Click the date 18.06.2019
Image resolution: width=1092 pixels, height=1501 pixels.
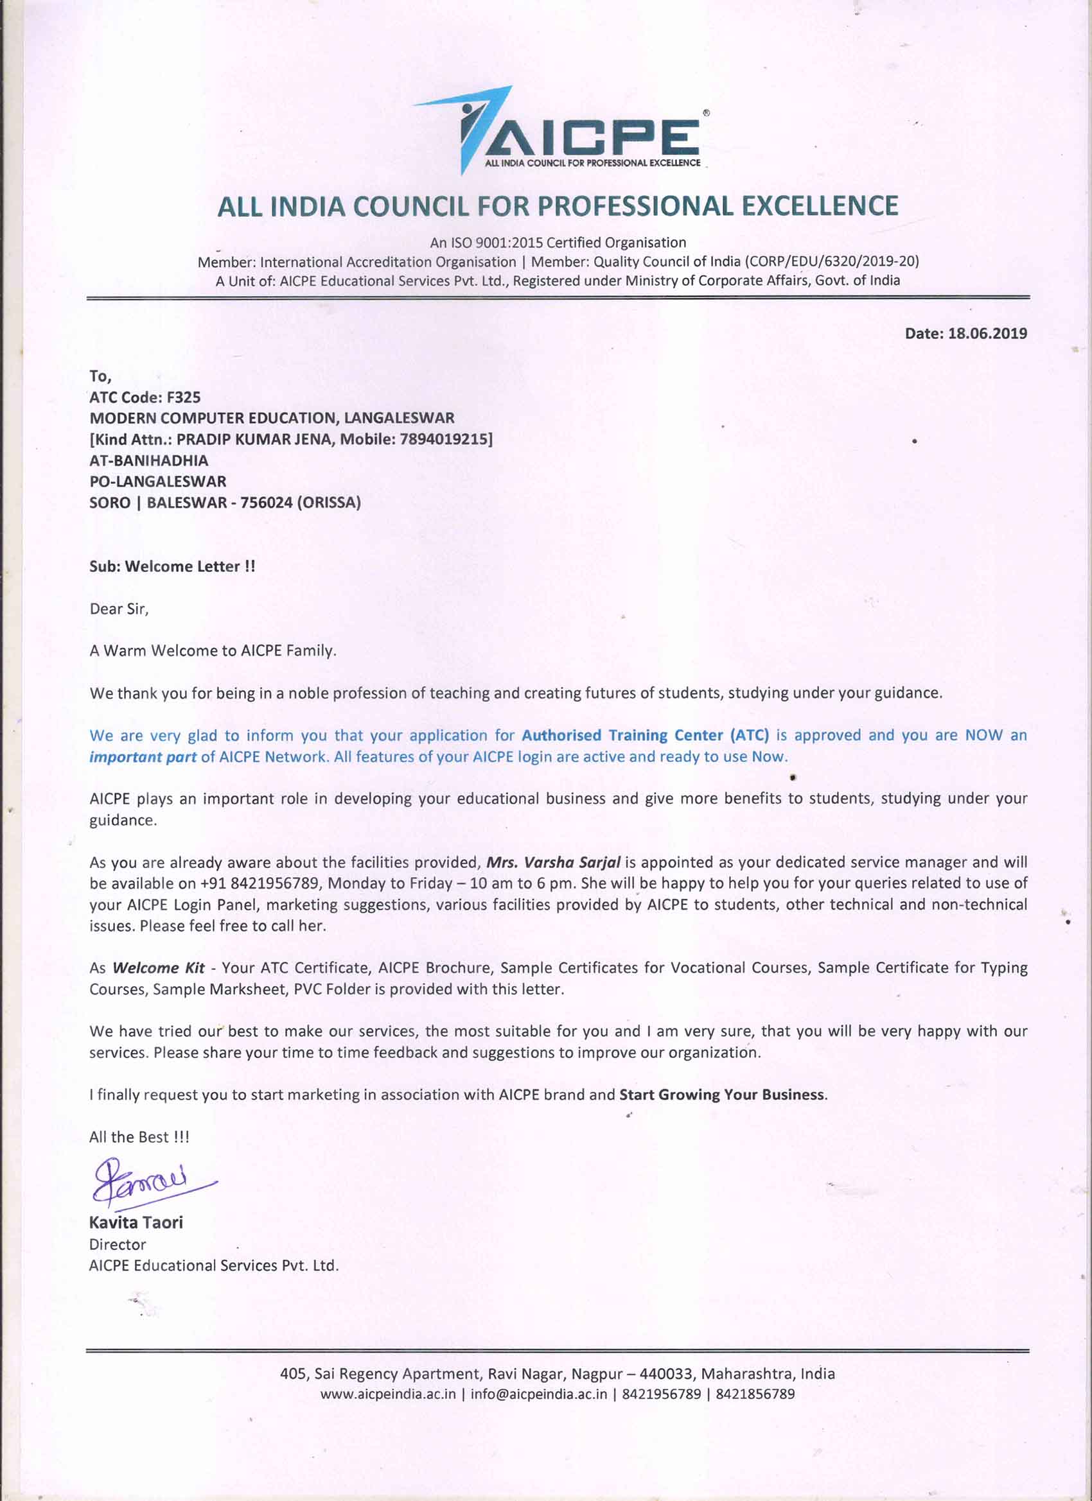pyautogui.click(x=987, y=334)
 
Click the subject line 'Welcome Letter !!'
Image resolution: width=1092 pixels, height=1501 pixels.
pyautogui.click(x=189, y=566)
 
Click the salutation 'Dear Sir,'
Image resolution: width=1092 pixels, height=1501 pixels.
pyautogui.click(x=119, y=609)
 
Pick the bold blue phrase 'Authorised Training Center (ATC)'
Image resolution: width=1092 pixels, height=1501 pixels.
pyautogui.click(x=645, y=735)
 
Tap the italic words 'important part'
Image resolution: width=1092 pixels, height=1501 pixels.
pyautogui.click(x=143, y=756)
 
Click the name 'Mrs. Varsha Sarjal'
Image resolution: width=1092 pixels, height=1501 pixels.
pyautogui.click(x=553, y=862)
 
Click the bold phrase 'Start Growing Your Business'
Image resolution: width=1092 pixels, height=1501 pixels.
pyautogui.click(x=722, y=1095)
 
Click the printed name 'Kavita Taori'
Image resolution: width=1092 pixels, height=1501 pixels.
pyautogui.click(x=136, y=1222)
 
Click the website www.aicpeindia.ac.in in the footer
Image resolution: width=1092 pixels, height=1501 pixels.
pyautogui.click(x=388, y=1394)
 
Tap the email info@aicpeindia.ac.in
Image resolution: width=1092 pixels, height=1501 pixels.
pyautogui.click(x=538, y=1394)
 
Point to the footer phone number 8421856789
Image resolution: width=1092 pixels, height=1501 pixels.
pyautogui.click(x=755, y=1394)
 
